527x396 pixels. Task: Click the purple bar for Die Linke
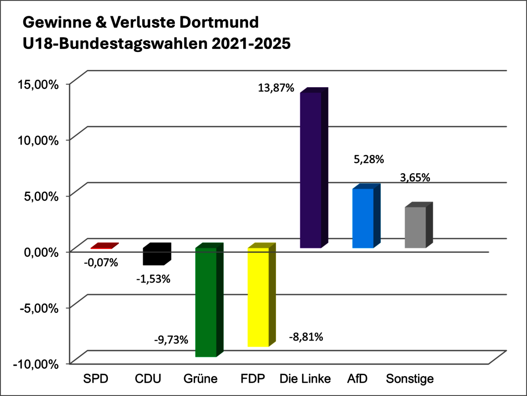(x=311, y=170)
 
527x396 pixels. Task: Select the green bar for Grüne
(x=206, y=302)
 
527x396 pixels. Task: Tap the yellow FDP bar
(x=258, y=297)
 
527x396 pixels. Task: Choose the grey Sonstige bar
(x=416, y=227)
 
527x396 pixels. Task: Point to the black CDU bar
(x=154, y=256)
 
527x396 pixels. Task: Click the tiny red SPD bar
(x=104, y=246)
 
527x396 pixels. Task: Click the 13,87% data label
(x=276, y=89)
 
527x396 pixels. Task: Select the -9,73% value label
(x=170, y=340)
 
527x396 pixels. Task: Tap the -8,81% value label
(x=306, y=338)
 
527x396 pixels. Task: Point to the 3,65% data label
(x=415, y=177)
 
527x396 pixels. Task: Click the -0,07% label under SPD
(x=101, y=263)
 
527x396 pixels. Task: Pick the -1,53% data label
(x=153, y=279)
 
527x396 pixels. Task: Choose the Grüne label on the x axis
(x=200, y=379)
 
